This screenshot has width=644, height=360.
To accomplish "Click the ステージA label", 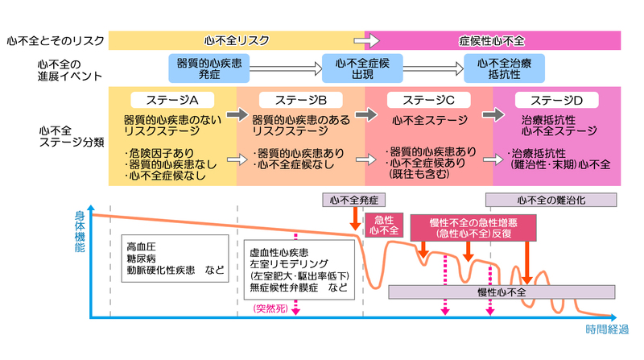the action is point(172,100).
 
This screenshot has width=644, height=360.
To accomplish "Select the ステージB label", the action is point(301,100).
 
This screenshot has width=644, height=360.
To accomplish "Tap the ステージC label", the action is point(429,100).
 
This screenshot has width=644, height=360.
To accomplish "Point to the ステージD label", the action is point(557,100).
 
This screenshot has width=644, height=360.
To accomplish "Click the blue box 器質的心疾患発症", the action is point(209,68).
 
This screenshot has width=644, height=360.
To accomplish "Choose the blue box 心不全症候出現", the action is point(362,68).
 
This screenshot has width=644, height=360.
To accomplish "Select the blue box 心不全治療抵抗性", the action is point(505,68).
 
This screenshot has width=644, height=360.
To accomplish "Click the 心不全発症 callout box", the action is point(354,201).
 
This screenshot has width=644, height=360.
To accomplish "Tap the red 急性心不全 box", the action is point(384,226).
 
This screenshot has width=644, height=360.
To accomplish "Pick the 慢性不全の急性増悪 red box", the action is point(473,228).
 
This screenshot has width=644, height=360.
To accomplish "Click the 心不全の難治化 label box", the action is point(551,201).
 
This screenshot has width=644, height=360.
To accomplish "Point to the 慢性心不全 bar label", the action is point(502,292).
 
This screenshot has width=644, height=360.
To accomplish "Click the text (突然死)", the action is point(270,308).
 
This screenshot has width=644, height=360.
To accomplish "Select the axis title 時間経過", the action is point(607,329).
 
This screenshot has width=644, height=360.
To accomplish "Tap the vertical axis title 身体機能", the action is point(80,231).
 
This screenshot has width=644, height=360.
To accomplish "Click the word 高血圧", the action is point(142,246).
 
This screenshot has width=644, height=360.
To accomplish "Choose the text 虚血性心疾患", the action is point(279,252).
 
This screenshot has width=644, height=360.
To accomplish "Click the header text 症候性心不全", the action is point(492,41).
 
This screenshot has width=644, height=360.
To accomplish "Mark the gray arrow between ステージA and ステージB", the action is point(237,114).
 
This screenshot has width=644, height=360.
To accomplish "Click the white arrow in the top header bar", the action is point(367,41).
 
